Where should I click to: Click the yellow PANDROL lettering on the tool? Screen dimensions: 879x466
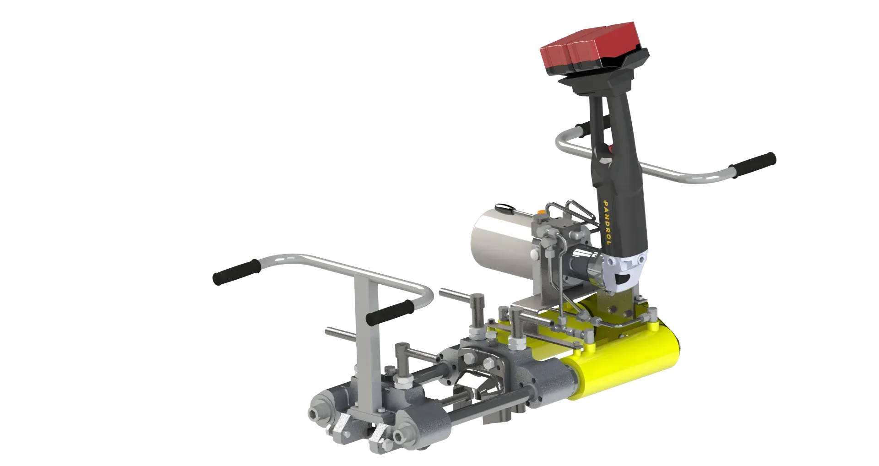(607, 222)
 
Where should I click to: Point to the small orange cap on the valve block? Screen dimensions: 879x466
(543, 212)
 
